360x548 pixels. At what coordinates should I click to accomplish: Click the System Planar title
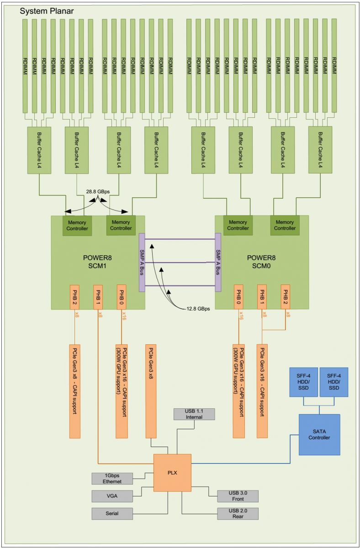coord(47,10)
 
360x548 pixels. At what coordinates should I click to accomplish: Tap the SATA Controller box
coord(319,434)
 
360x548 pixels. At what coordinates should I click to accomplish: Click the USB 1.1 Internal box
coord(194,414)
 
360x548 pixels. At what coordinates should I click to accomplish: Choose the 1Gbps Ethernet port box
coord(112,478)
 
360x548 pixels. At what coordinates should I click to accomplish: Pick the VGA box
coord(112,496)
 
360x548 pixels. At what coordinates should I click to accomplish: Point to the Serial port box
coord(112,513)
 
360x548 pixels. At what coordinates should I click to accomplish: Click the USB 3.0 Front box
coord(238,496)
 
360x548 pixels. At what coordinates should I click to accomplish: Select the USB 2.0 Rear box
coord(238,513)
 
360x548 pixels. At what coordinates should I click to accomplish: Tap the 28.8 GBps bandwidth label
coord(97,193)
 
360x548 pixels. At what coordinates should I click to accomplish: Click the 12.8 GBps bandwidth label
coord(198,309)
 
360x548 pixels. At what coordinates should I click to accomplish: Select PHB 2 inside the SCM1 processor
coord(74,297)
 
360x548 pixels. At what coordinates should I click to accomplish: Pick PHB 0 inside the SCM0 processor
coord(238,297)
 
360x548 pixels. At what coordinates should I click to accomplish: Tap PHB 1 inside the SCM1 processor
coord(98,297)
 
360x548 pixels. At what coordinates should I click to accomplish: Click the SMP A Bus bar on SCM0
coord(218,263)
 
